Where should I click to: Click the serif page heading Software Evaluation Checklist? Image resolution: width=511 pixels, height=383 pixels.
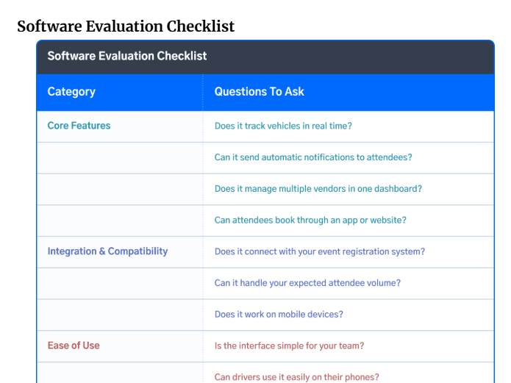click(126, 26)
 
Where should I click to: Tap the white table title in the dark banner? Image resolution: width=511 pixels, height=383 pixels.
click(127, 56)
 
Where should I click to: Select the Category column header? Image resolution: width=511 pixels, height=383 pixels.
click(71, 92)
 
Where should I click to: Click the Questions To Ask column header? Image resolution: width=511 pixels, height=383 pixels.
click(259, 92)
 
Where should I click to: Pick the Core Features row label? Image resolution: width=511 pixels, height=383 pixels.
click(79, 126)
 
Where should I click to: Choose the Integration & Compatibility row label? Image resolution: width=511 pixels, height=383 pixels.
click(107, 251)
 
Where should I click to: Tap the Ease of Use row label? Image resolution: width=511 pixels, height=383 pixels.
click(74, 346)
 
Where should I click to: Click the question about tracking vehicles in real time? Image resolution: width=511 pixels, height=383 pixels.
click(283, 126)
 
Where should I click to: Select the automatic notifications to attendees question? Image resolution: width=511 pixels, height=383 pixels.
click(313, 157)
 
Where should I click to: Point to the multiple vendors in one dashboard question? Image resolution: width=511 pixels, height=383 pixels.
click(318, 189)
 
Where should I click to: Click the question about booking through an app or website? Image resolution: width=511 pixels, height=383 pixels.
click(310, 221)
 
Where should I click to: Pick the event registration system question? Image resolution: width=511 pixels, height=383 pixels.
click(320, 251)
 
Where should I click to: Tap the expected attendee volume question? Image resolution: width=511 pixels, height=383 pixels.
click(307, 283)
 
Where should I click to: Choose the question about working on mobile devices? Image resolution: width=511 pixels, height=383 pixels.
click(279, 314)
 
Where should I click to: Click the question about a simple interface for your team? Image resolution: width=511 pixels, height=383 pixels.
click(289, 346)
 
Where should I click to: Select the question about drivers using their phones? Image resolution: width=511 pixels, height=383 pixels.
click(296, 377)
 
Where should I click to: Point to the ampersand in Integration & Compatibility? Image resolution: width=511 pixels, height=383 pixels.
click(102, 251)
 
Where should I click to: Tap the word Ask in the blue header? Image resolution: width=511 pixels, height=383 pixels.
click(294, 92)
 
